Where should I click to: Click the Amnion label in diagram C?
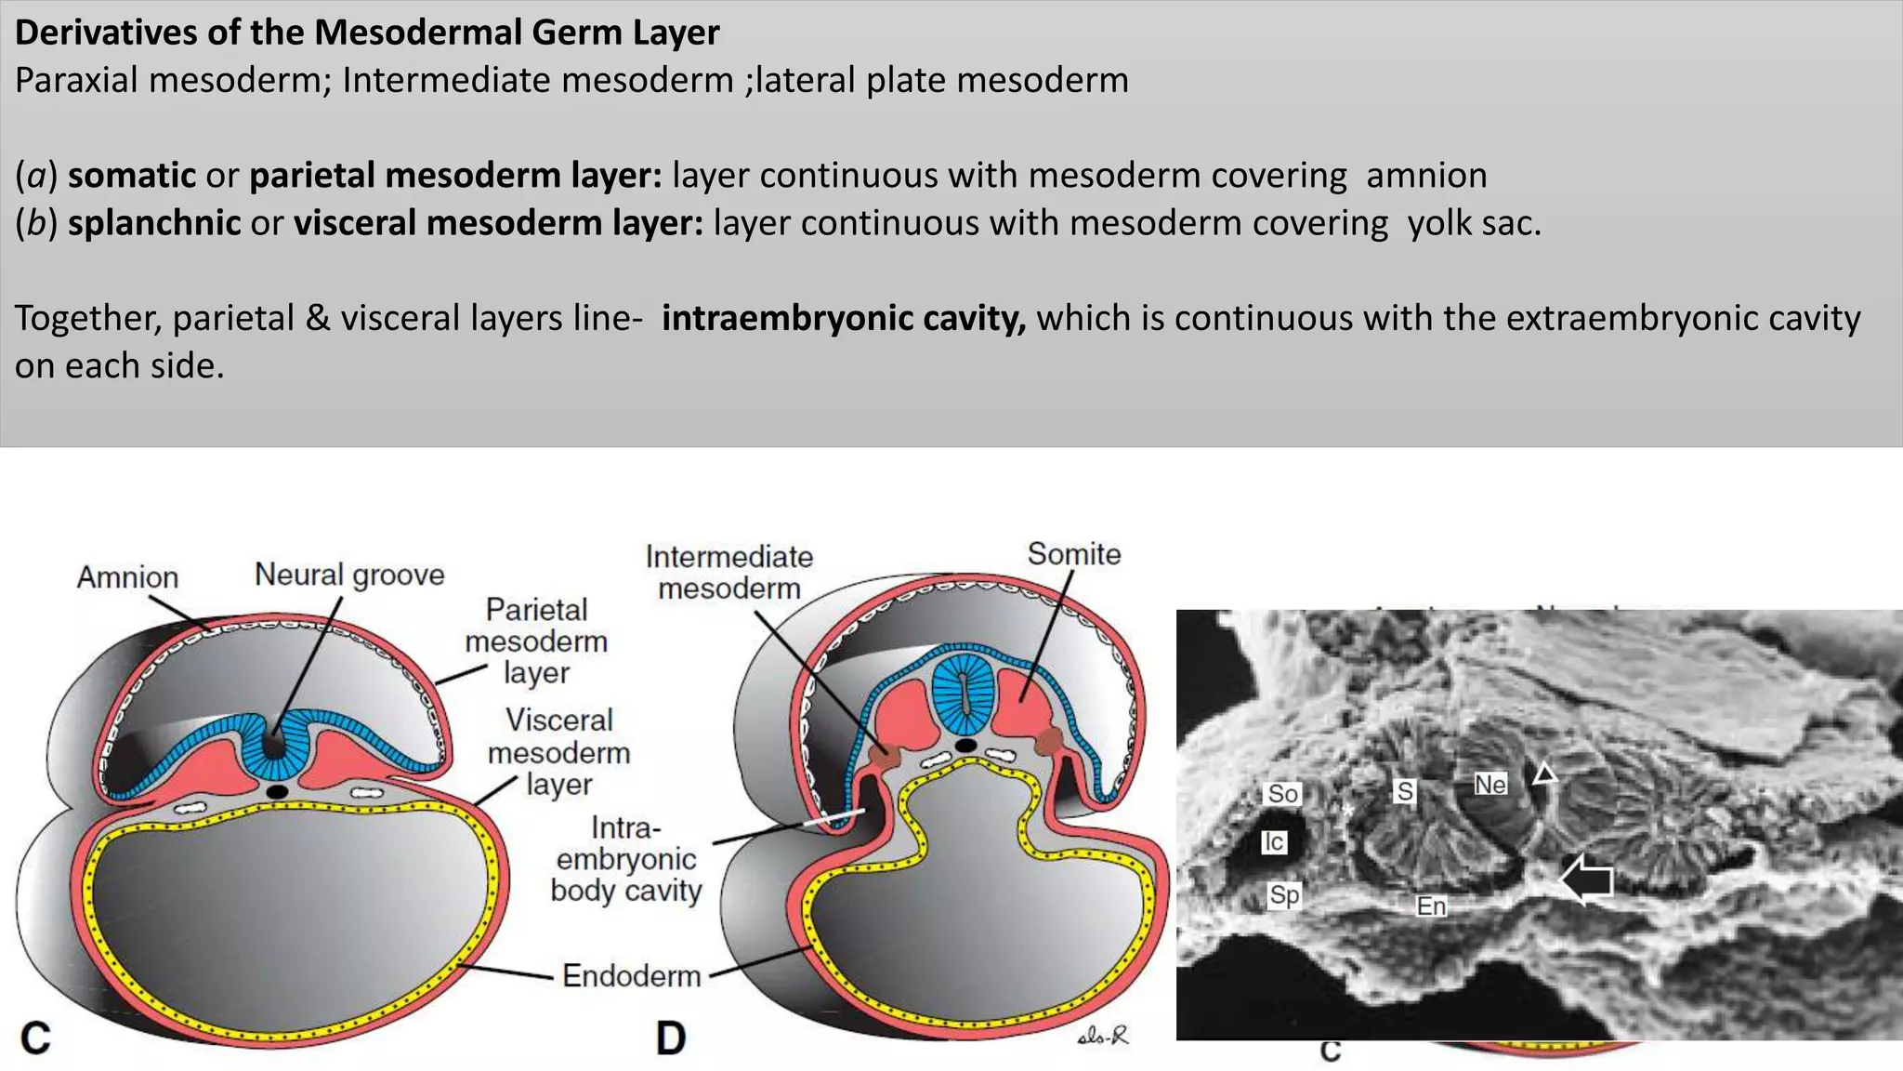click(x=127, y=577)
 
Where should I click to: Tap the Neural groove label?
click(x=349, y=575)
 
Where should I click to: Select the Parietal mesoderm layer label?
click(x=536, y=641)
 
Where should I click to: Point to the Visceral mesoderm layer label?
click(x=558, y=751)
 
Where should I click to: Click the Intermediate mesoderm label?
click(x=729, y=572)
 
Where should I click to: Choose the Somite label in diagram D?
click(x=1073, y=554)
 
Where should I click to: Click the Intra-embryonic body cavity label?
click(x=625, y=859)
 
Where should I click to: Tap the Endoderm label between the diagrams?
click(x=631, y=975)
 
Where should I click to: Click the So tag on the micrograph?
click(x=1282, y=793)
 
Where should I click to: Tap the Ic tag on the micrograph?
click(x=1273, y=841)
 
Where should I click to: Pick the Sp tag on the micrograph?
click(x=1284, y=894)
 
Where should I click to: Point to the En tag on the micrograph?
click(x=1431, y=906)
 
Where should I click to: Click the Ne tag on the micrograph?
click(x=1490, y=785)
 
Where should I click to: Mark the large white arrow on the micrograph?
click(x=1588, y=879)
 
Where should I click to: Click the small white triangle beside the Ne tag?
click(x=1544, y=773)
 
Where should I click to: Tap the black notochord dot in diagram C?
click(x=276, y=791)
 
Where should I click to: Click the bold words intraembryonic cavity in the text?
click(x=843, y=318)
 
